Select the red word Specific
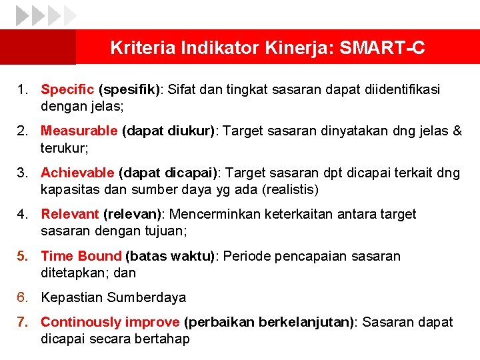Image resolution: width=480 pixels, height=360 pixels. [67, 89]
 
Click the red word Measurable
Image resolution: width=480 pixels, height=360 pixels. [79, 131]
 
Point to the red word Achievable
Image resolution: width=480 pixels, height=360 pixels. [77, 173]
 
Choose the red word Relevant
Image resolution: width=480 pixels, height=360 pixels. [70, 214]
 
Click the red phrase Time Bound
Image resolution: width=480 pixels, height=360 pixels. [81, 256]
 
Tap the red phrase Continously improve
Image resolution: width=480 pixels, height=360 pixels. [110, 322]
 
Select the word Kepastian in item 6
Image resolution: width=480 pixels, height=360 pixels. [72, 297]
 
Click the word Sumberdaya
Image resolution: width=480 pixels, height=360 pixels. [147, 297]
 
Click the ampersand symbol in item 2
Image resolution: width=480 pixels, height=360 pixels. [457, 131]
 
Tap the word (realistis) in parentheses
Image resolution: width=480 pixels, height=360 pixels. [291, 189]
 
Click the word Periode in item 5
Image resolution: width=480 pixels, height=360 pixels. [246, 256]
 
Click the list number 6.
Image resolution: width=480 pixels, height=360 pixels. [22, 297]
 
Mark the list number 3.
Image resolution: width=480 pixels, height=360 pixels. [22, 173]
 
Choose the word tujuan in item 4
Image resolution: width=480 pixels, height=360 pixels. [167, 231]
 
